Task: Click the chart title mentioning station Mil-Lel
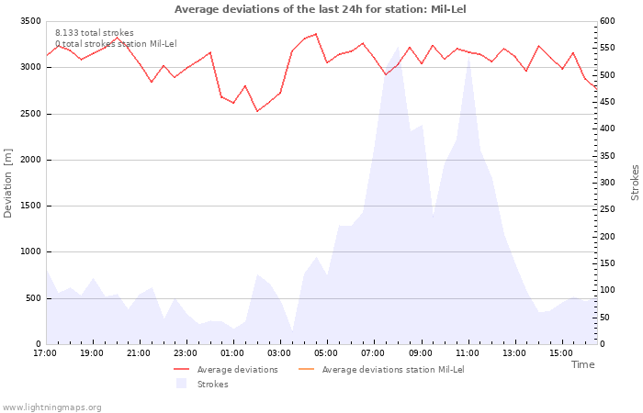(320, 9)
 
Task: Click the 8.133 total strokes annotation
(95, 33)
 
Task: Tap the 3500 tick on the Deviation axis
(30, 21)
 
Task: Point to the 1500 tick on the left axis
(30, 206)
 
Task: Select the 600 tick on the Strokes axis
(607, 21)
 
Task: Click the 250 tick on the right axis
(607, 209)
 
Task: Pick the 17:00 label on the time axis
(45, 353)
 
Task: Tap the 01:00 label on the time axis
(232, 353)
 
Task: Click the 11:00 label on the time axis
(467, 353)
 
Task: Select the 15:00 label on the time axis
(561, 353)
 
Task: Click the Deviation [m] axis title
(7, 184)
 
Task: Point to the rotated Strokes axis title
(635, 183)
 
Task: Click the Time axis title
(582, 364)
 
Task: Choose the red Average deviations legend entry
(226, 370)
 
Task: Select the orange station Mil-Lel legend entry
(381, 370)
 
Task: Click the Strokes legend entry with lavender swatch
(202, 384)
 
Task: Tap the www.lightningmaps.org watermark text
(51, 407)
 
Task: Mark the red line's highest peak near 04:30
(316, 34)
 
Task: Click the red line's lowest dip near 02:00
(257, 111)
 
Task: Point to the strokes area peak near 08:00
(398, 47)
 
